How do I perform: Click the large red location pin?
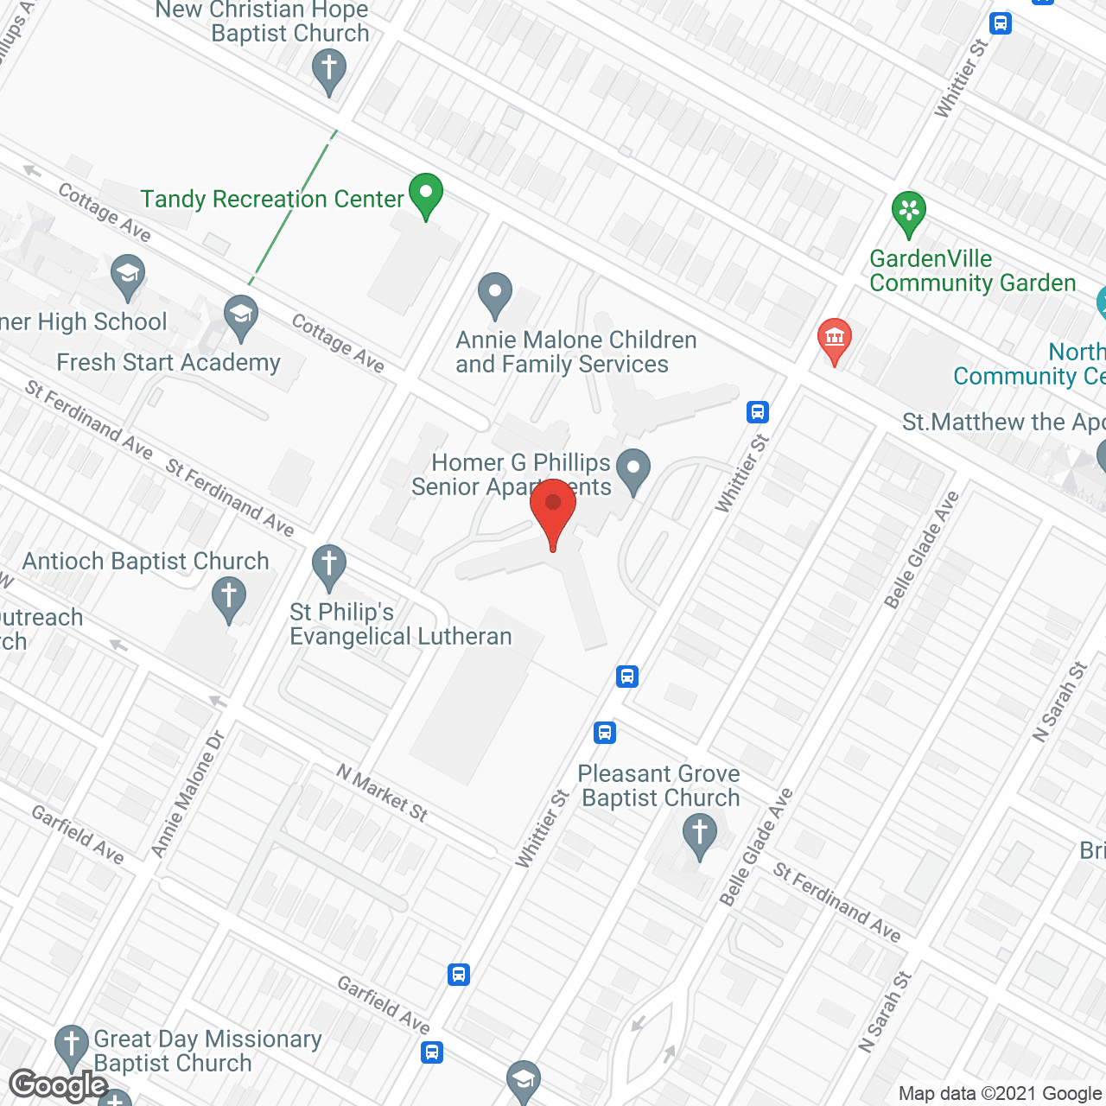tap(553, 510)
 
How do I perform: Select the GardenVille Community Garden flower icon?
tap(908, 211)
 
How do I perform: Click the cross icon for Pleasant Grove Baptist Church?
tap(699, 836)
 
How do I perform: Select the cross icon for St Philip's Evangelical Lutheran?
tap(328, 566)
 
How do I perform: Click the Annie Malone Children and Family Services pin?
tap(495, 293)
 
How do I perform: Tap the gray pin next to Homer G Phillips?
tap(634, 470)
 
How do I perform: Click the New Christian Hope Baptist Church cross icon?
tap(328, 68)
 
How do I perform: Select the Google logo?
tap(59, 1085)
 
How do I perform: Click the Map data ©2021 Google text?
tap(1001, 1094)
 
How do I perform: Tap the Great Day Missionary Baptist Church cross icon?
tap(71, 1046)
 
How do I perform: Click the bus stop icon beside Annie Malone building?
tap(758, 412)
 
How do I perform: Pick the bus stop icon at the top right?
tap(1001, 23)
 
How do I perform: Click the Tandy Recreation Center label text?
tap(272, 200)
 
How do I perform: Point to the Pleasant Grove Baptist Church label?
tap(659, 785)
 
